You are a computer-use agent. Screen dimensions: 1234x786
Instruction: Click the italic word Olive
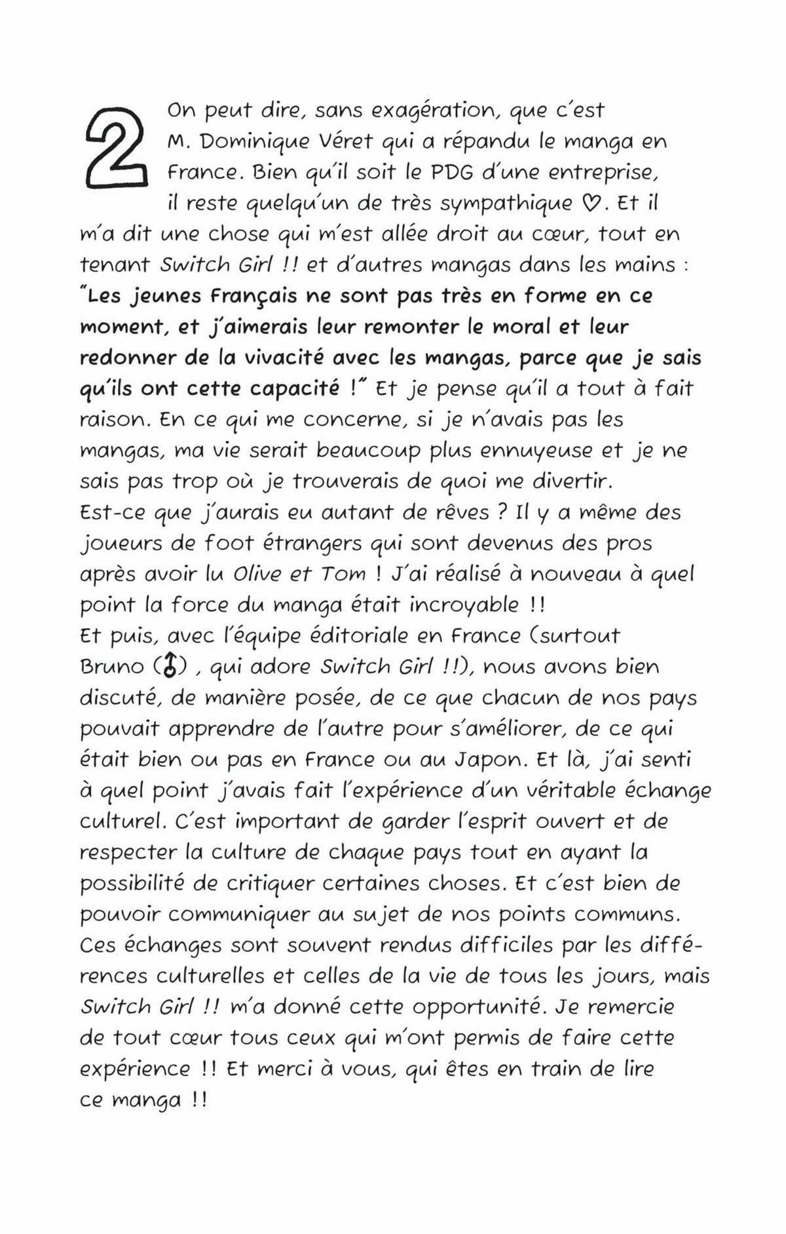257,574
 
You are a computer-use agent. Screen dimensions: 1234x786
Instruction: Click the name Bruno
112,667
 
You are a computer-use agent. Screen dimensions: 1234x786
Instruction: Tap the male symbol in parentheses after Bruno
171,667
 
